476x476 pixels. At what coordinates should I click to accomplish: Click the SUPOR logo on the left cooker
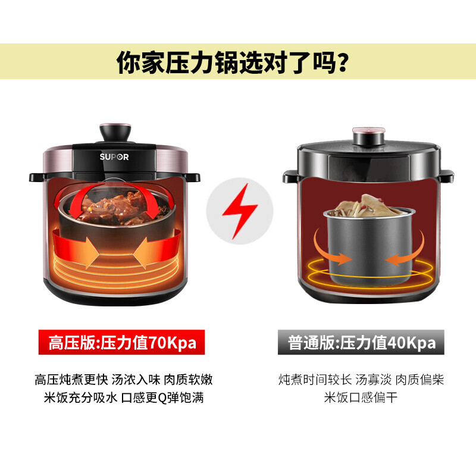click(x=114, y=157)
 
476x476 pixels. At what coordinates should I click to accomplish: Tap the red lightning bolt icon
click(x=240, y=211)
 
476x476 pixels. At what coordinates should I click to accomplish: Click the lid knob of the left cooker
click(x=115, y=132)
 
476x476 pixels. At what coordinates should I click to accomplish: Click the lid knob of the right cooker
click(x=369, y=136)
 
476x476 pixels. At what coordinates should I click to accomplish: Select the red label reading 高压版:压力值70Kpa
click(x=121, y=342)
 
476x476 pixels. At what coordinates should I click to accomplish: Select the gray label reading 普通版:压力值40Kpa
click(x=361, y=342)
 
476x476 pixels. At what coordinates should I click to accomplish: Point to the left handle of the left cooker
click(x=37, y=177)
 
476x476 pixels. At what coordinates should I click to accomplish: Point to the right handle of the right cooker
click(x=447, y=176)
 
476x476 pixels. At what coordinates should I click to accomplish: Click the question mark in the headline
click(x=343, y=62)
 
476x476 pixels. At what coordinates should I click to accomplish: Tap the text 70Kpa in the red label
click(x=173, y=343)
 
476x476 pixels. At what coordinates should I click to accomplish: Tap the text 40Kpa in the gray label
click(x=412, y=343)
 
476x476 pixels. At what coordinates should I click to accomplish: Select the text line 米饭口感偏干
click(x=361, y=397)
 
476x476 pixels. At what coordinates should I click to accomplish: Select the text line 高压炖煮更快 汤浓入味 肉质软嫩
click(x=124, y=380)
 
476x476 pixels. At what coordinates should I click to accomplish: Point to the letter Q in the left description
click(x=162, y=398)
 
